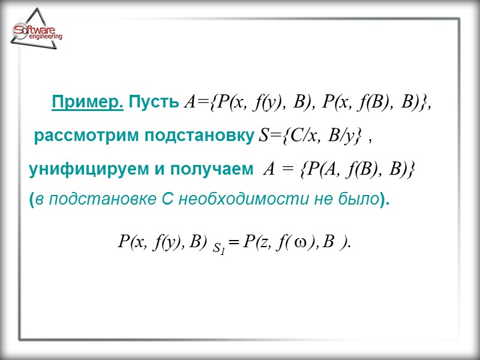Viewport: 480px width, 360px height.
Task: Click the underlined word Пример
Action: [88, 102]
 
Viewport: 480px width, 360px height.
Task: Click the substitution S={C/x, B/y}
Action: [310, 136]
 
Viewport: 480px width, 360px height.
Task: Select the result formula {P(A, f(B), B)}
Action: [357, 170]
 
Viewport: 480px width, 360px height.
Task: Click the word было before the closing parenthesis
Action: [358, 199]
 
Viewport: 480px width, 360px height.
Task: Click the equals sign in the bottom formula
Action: [233, 242]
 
